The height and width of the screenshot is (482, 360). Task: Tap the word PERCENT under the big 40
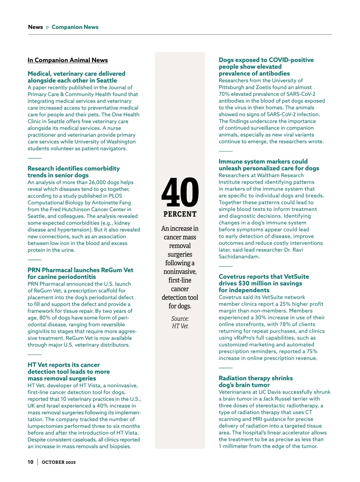point(180,214)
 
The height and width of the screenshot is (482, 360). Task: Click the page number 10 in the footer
point(31,462)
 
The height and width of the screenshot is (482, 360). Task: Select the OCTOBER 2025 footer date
point(58,462)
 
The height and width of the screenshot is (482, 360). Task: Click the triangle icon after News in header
point(47,27)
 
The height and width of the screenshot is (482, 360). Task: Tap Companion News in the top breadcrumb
point(75,27)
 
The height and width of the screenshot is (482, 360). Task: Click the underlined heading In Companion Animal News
point(67,60)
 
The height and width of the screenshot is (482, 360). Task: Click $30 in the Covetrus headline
point(244,283)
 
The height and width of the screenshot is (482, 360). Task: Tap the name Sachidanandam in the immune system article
point(239,257)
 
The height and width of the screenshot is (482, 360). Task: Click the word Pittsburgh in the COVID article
point(231,87)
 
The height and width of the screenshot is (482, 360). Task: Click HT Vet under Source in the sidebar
point(180,326)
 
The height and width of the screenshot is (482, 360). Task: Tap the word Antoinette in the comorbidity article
point(106,203)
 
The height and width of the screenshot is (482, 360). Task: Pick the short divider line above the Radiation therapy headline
point(226,368)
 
